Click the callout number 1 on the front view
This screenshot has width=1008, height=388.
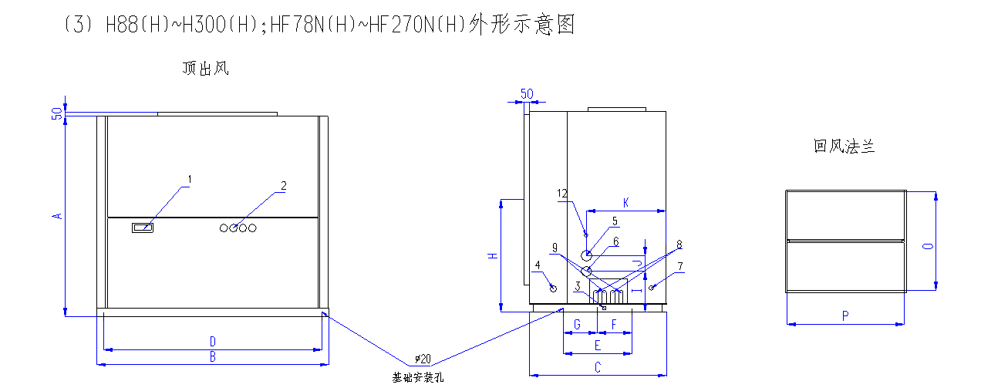[x=190, y=181]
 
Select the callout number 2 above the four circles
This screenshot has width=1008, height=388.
[x=283, y=186]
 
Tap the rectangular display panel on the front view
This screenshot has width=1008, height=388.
[x=143, y=228]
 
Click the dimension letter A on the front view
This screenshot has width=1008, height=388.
[x=56, y=216]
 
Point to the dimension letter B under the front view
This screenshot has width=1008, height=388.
[x=213, y=356]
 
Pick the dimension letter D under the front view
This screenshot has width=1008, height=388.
[x=213, y=341]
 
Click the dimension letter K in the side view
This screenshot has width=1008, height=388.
[x=626, y=203]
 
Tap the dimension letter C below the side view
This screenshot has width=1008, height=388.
[x=597, y=368]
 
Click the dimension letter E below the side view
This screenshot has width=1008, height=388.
[x=597, y=346]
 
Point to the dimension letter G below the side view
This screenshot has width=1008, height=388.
[x=577, y=325]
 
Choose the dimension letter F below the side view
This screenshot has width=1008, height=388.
[x=615, y=325]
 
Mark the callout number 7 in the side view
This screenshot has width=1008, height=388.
[x=680, y=266]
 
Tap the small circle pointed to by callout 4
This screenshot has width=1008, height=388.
[x=553, y=288]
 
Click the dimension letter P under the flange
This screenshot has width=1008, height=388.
[x=845, y=316]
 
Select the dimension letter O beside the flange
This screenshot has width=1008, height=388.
[x=928, y=245]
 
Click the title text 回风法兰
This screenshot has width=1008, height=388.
[x=844, y=146]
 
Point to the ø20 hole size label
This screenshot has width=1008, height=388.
[x=422, y=359]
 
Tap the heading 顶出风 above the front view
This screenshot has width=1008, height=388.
[x=205, y=69]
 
